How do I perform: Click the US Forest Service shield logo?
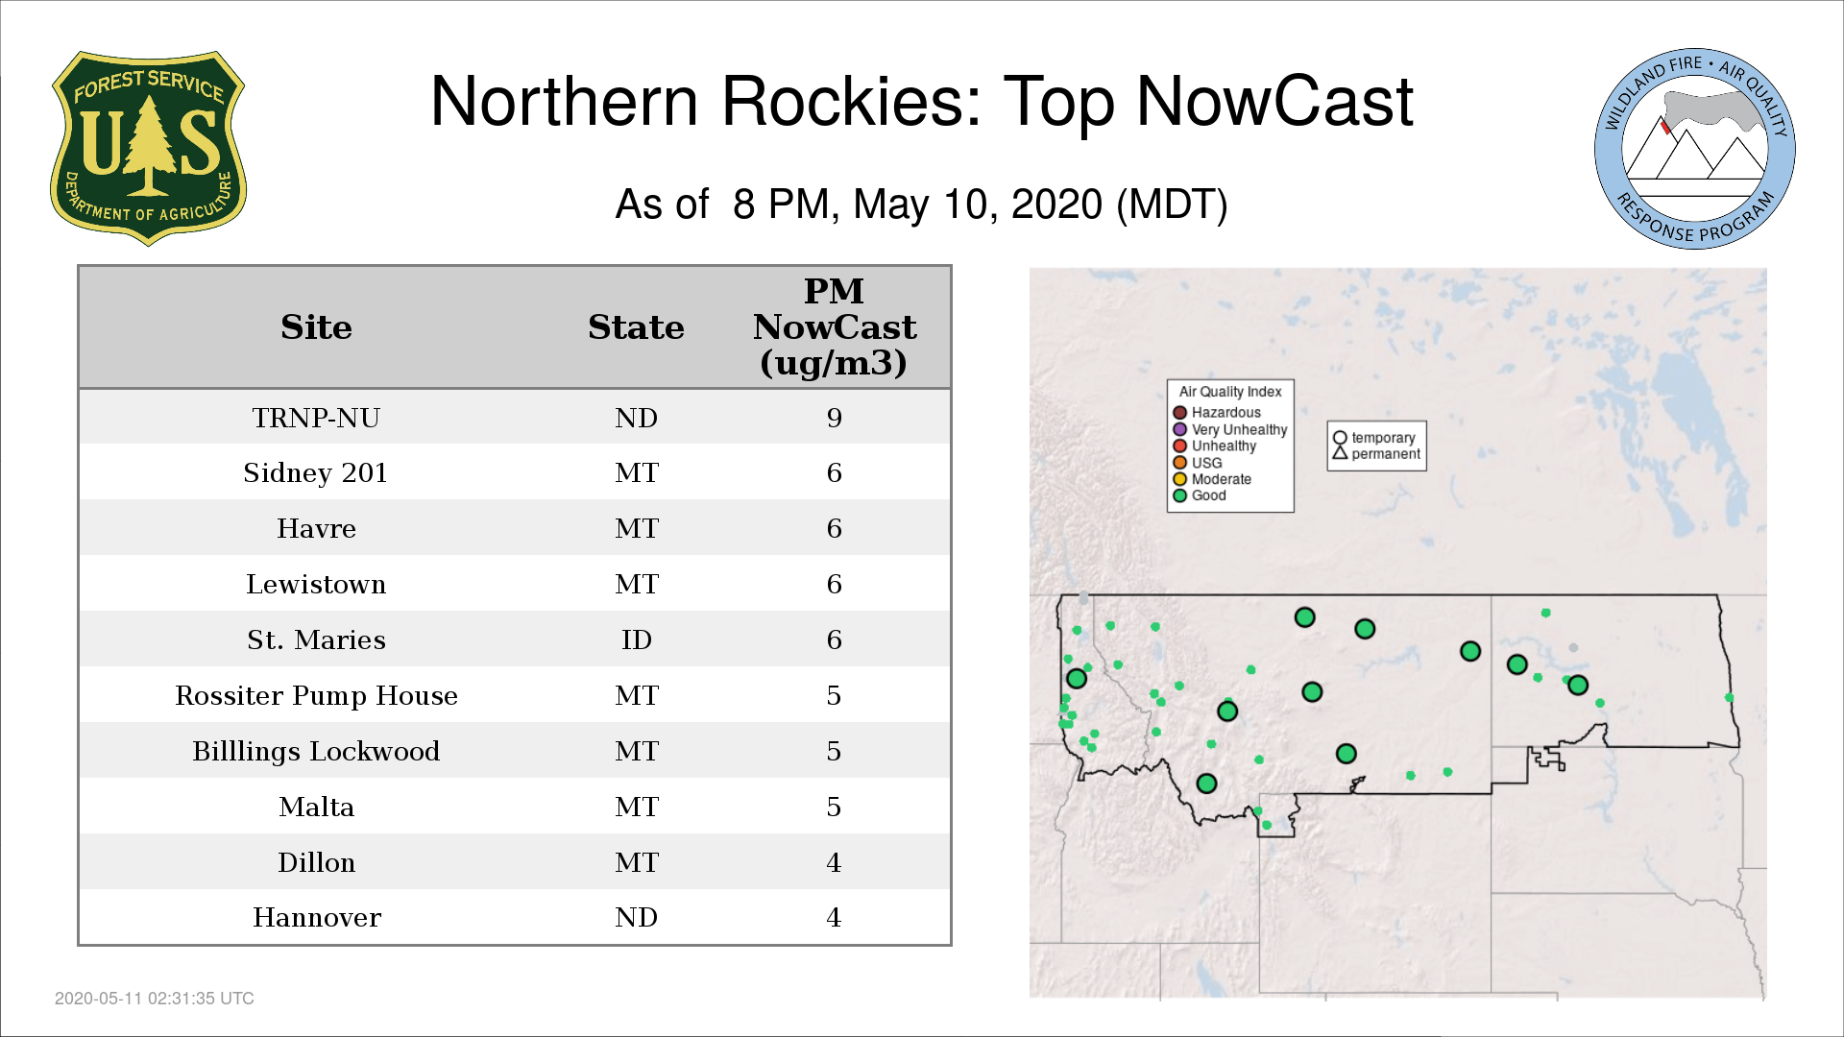tap(148, 148)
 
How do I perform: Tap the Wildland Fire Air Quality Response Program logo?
tap(1695, 149)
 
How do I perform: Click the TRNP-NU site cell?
tap(316, 418)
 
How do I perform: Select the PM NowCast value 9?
tap(835, 418)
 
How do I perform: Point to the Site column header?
tap(316, 327)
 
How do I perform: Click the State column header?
tap(636, 327)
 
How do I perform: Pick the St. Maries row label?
tap(316, 639)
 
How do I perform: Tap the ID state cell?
tap(636, 639)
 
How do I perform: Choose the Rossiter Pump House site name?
tap(316, 695)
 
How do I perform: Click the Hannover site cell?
tap(316, 918)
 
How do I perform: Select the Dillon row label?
tap(316, 862)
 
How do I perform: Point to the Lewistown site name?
tap(316, 584)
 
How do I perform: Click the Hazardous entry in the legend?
tap(1217, 413)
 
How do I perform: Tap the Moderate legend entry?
tap(1212, 479)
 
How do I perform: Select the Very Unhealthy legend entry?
tap(1230, 429)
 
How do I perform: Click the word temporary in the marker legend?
tap(1383, 438)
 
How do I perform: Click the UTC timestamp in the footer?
tap(155, 999)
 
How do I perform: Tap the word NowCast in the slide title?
tap(1274, 101)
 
